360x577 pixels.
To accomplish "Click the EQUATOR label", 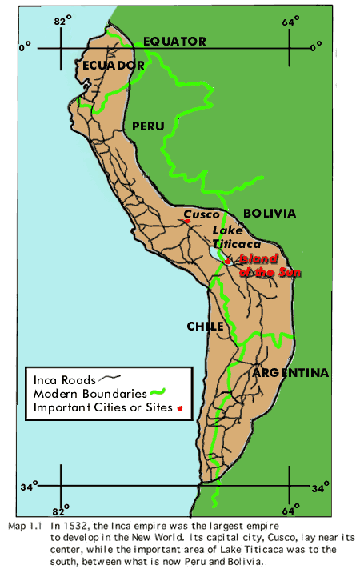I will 174,42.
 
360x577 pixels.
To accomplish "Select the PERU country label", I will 147,126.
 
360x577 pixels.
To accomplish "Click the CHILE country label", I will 205,326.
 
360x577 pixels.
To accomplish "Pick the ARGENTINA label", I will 290,373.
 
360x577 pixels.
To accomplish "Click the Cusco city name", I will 202,214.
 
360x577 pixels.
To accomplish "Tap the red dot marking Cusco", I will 186,222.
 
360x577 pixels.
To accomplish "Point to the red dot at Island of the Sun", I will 228,261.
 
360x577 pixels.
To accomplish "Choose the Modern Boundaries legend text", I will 90,394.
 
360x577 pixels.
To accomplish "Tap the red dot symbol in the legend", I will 179,408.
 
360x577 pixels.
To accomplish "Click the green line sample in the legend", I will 158,393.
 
